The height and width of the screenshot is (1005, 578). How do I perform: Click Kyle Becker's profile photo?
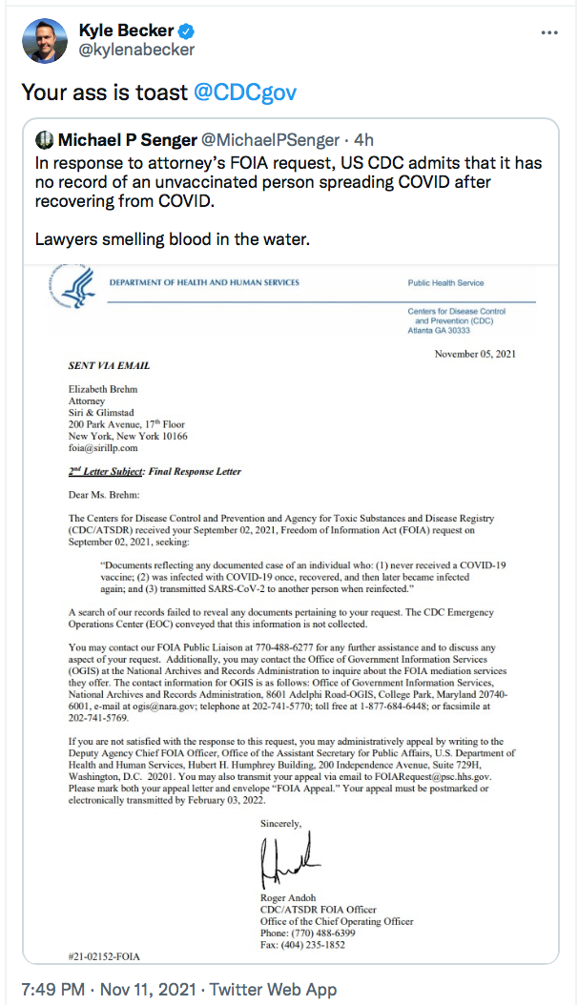click(x=44, y=40)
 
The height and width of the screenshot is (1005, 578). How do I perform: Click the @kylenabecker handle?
click(x=136, y=50)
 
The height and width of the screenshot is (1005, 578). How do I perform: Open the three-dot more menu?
click(x=548, y=31)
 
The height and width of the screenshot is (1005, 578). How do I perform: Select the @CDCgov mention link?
click(x=245, y=92)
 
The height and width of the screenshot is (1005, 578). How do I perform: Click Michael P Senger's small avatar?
click(x=43, y=139)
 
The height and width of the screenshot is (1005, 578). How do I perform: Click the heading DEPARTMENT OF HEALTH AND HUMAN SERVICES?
click(x=204, y=282)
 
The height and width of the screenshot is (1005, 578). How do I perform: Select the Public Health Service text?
click(x=445, y=283)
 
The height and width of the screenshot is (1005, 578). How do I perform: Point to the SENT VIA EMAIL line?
click(x=109, y=365)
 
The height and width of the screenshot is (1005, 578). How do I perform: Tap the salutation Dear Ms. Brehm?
click(x=103, y=494)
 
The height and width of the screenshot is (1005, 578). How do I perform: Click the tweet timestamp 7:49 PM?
click(x=54, y=989)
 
